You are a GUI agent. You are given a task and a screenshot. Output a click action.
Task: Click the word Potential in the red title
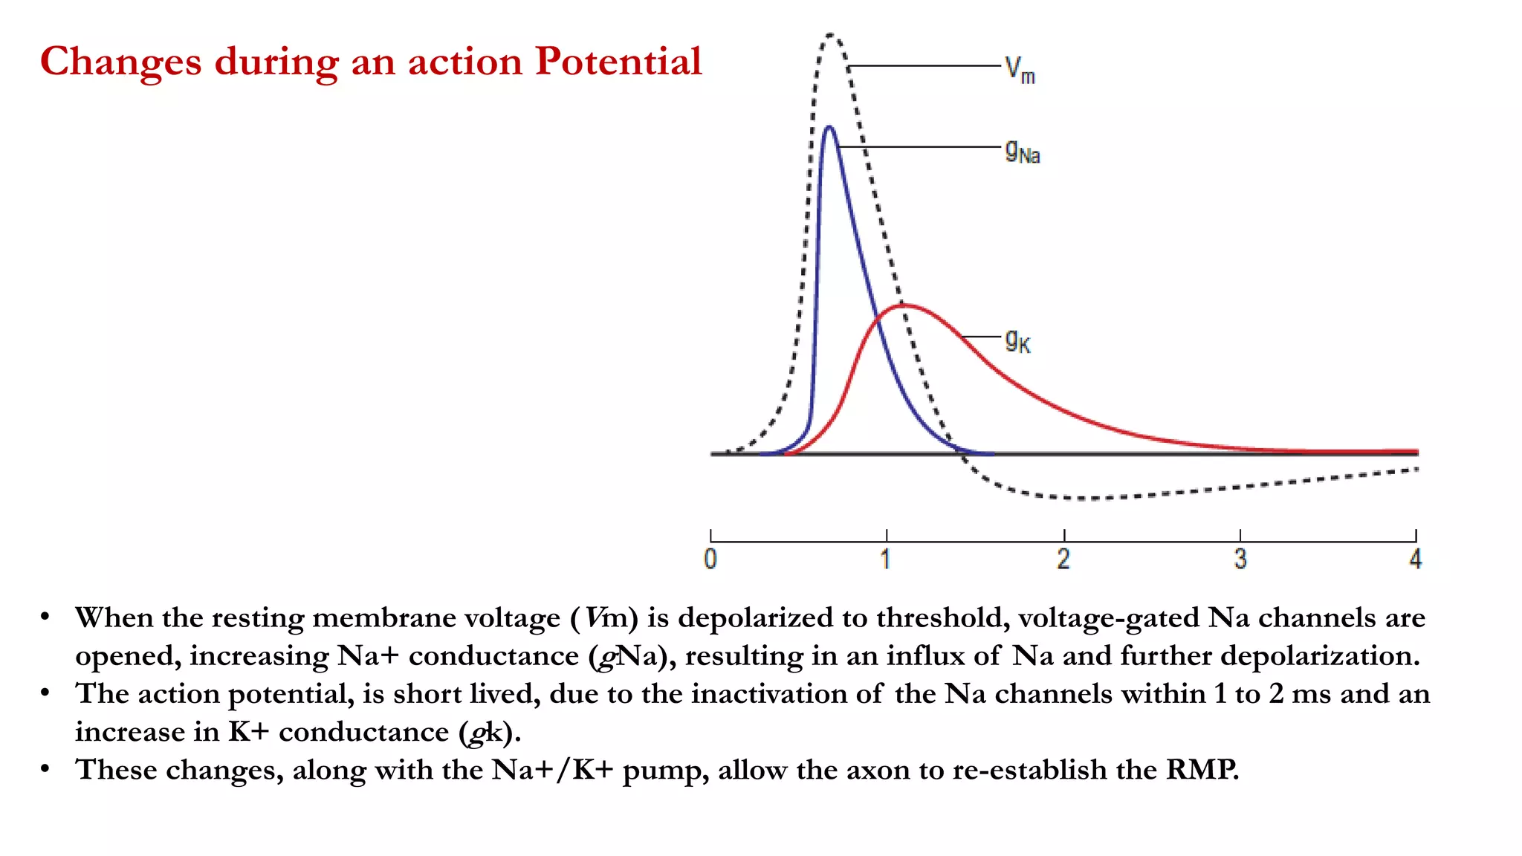618,61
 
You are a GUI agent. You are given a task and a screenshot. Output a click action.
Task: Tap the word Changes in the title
120,62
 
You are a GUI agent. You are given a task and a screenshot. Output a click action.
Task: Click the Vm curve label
1020,71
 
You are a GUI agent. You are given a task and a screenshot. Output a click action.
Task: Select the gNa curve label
1022,152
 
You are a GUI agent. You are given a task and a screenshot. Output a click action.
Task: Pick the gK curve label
1017,341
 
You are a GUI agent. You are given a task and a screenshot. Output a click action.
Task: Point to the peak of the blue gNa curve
829,128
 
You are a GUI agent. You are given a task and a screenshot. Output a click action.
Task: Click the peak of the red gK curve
904,305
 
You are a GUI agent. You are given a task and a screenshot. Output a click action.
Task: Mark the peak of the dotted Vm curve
831,34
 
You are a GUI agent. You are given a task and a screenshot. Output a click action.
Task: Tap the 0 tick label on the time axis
710,559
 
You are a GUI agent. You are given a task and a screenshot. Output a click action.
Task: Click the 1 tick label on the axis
885,559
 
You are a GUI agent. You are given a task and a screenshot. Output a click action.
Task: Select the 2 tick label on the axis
1063,559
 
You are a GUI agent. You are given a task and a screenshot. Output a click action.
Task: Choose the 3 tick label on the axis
1240,559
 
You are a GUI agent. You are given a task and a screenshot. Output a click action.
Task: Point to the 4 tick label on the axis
1416,559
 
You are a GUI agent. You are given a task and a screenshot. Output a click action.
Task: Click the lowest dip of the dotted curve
1089,499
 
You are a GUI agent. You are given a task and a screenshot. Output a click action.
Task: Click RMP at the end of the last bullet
1202,770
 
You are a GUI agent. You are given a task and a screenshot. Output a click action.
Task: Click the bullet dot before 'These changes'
45,768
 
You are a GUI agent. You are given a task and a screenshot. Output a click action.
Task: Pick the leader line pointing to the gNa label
922,147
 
